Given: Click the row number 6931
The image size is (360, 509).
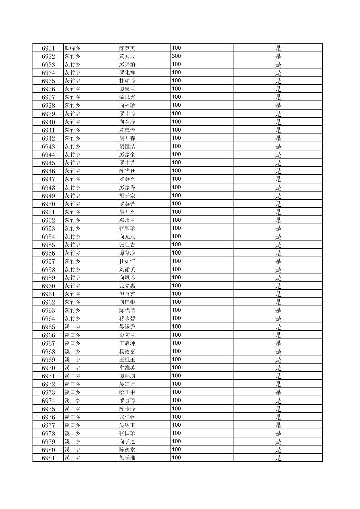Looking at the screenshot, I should tap(48, 48).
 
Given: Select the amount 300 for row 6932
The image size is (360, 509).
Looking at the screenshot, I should tap(176, 56).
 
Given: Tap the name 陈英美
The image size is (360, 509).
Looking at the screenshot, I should tap(127, 48).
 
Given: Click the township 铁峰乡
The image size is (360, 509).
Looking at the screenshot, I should tap(72, 48).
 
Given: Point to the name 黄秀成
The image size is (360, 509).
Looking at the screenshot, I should tap(127, 56).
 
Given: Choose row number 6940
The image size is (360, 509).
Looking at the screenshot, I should tap(48, 122).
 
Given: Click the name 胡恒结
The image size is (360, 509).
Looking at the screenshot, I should tap(127, 146).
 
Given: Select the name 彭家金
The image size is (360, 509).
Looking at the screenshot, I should tap(127, 155).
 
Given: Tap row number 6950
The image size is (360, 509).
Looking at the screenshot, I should tap(48, 204).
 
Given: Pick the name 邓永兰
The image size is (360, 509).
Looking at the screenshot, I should tap(127, 220).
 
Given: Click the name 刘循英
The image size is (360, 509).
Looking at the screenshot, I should tap(127, 270).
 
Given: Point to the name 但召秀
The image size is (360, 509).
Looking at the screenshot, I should tap(127, 294).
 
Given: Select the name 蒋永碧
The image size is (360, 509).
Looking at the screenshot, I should tap(127, 319).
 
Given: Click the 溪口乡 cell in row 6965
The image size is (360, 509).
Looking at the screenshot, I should tap(72, 327).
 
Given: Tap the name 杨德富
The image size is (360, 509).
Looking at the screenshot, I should tap(127, 352).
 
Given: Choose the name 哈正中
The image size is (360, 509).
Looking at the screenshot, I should tap(127, 392).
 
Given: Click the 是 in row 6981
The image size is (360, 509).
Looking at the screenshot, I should tap(278, 458).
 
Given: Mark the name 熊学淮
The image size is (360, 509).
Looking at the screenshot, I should tap(127, 458).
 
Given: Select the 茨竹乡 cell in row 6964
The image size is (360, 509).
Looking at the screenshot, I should tap(72, 319).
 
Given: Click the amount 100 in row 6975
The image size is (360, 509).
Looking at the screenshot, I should tap(176, 409).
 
